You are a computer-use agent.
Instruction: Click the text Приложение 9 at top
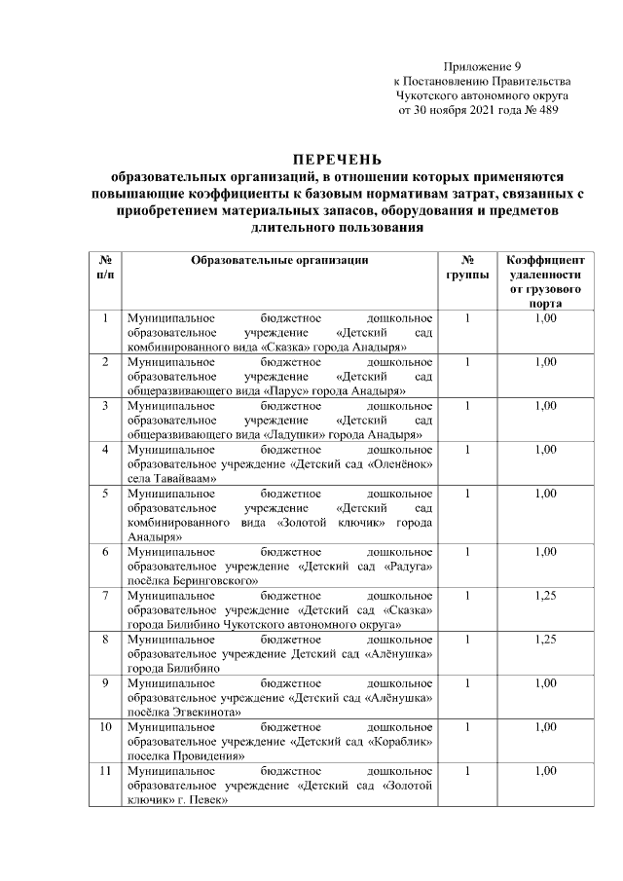[482, 65]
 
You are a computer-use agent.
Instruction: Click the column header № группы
[467, 268]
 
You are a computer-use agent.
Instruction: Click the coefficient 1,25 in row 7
[545, 594]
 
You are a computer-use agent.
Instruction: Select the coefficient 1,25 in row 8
[545, 639]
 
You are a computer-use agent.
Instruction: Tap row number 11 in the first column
[104, 771]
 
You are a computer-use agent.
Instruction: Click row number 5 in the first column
[104, 494]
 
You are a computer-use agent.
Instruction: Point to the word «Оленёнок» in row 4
[400, 464]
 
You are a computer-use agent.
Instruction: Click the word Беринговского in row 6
[206, 580]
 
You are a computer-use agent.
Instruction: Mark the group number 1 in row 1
[467, 317]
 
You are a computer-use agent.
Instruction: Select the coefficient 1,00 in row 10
[545, 726]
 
